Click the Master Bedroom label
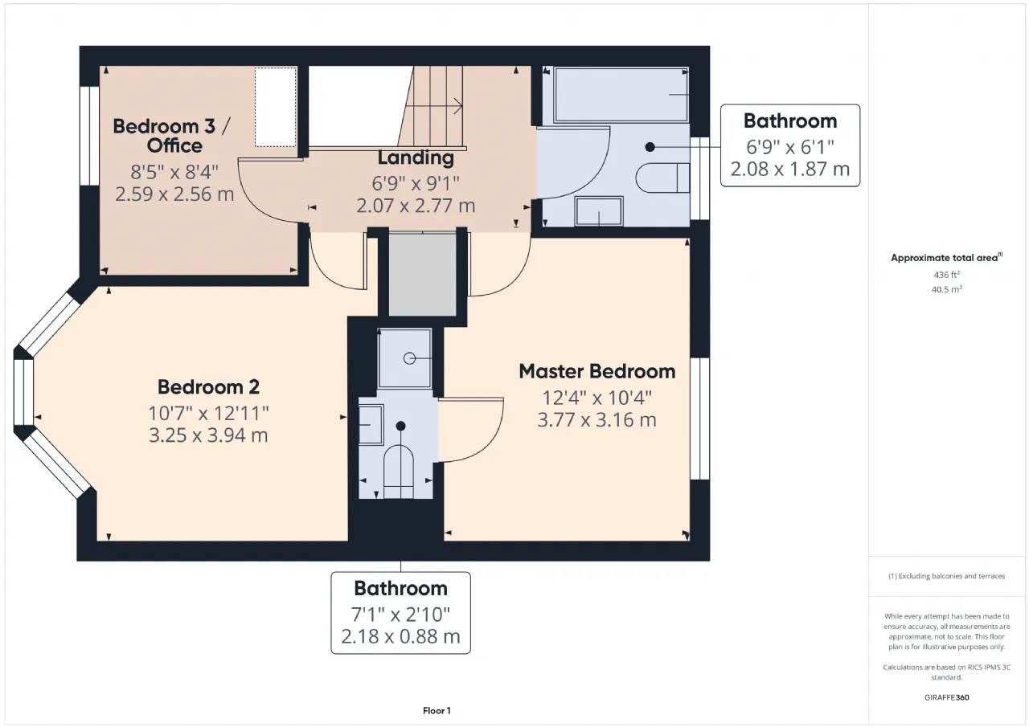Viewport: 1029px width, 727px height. [x=596, y=372]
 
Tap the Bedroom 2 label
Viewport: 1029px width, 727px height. [x=208, y=387]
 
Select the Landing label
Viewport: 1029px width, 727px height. [x=416, y=157]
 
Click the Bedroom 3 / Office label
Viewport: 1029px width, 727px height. [x=172, y=136]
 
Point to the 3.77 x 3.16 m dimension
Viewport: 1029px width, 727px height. [x=596, y=420]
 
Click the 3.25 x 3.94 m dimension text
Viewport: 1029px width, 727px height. [x=208, y=435]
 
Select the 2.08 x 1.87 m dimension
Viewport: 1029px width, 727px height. [x=789, y=169]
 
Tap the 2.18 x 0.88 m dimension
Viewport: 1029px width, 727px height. [x=400, y=636]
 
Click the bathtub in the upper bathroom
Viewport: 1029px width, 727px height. [x=621, y=95]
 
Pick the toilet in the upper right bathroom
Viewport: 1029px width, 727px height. [x=662, y=178]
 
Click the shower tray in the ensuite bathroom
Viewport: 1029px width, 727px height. [x=404, y=358]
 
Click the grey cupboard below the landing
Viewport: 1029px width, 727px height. [x=423, y=275]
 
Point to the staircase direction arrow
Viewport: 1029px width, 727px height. [x=434, y=106]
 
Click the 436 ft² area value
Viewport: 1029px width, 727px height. [x=946, y=275]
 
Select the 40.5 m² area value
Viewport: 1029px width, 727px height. [x=946, y=289]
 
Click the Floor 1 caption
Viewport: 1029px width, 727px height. [x=437, y=710]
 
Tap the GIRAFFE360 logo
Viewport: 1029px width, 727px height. [x=946, y=697]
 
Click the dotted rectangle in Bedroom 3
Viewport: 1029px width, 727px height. [x=276, y=107]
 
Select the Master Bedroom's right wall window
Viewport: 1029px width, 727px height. [x=700, y=419]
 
